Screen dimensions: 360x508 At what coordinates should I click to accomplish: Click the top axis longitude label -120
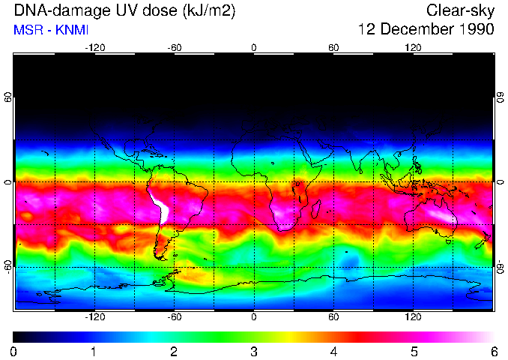click(x=94, y=47)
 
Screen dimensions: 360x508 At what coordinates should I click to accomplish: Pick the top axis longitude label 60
click(x=333, y=47)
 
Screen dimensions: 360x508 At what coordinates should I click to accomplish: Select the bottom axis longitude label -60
click(x=175, y=317)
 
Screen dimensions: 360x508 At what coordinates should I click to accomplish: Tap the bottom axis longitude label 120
click(x=413, y=317)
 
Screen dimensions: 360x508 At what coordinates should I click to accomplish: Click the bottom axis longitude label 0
click(x=254, y=317)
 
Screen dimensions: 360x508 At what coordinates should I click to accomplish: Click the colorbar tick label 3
click(x=254, y=351)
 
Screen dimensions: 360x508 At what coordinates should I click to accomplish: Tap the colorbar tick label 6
click(x=494, y=351)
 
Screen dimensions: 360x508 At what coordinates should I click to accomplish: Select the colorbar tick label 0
click(x=14, y=351)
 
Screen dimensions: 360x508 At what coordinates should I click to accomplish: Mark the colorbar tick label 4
click(x=334, y=351)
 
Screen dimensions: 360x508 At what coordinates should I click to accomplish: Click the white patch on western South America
click(x=160, y=211)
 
